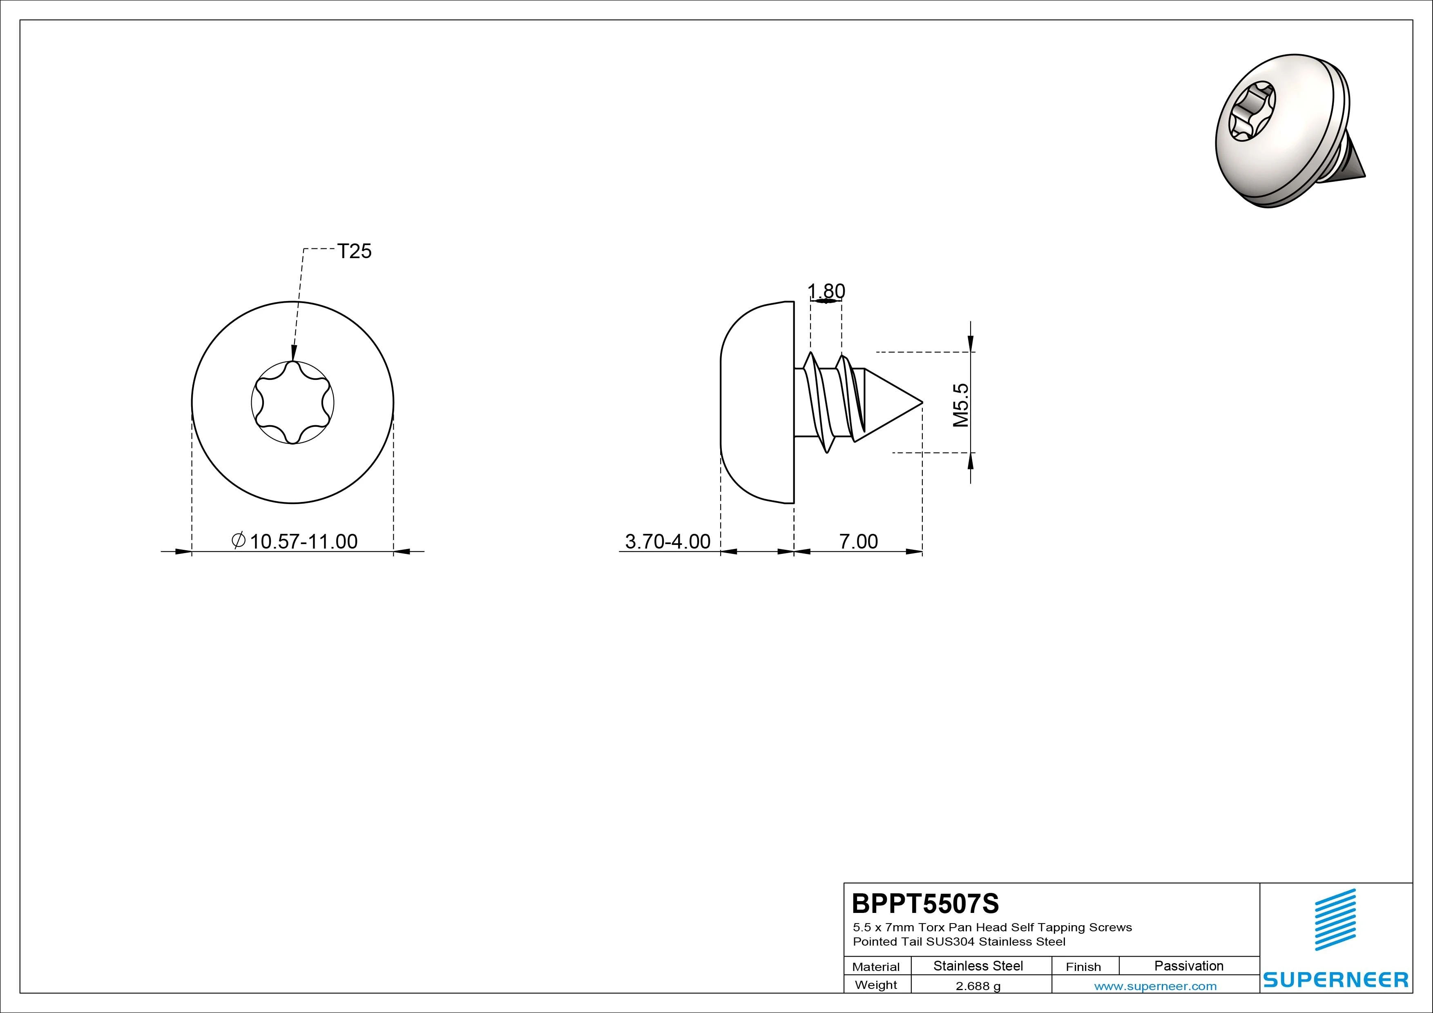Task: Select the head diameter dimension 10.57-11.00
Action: [x=304, y=541]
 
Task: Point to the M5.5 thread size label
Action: [x=961, y=405]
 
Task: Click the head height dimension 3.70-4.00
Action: [x=668, y=541]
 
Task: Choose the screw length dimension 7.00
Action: [x=858, y=541]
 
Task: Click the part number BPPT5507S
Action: [x=926, y=903]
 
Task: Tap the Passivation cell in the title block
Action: [x=1189, y=966]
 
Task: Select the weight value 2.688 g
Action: [x=978, y=986]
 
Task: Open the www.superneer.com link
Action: [x=1155, y=986]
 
